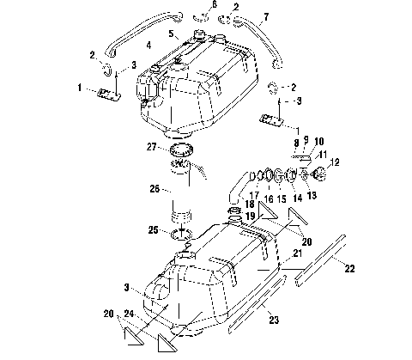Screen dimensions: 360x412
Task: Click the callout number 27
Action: [x=151, y=148]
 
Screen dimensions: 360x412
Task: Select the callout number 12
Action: [x=334, y=160]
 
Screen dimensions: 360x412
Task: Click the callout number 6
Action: [x=215, y=5]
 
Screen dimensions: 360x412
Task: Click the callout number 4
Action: [x=149, y=44]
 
